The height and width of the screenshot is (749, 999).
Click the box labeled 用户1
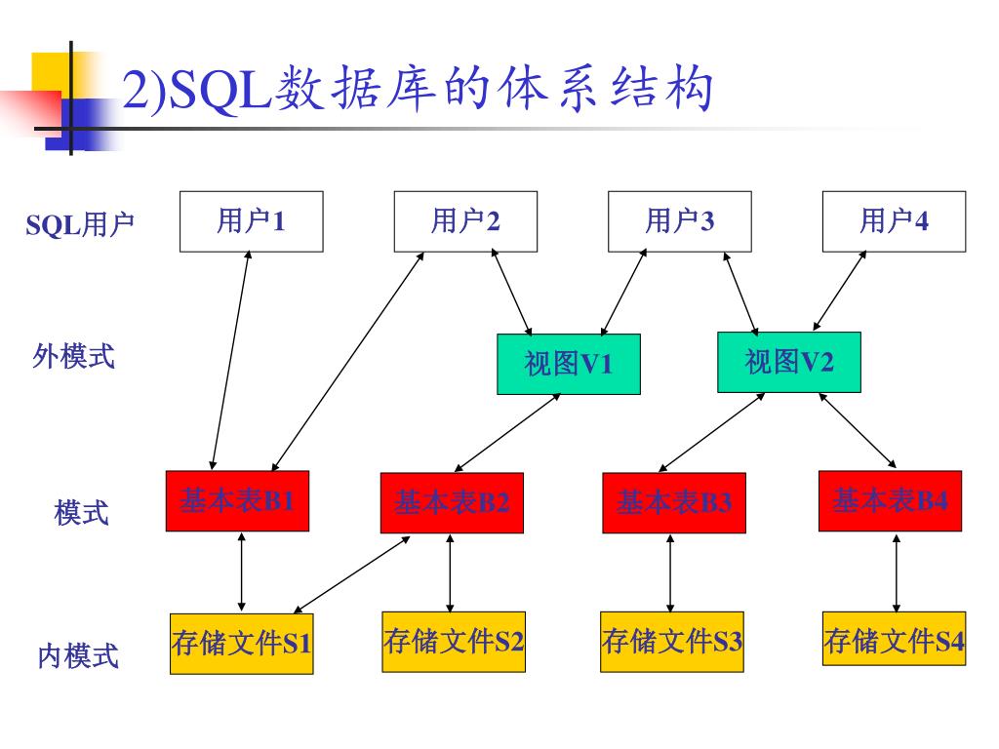coord(251,221)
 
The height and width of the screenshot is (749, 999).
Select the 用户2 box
coord(465,221)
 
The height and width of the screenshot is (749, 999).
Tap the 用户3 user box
coord(680,221)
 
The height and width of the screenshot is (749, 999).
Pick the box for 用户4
coord(894,221)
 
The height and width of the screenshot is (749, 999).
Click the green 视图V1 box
coord(569,364)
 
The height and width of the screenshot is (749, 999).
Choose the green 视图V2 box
coord(789,362)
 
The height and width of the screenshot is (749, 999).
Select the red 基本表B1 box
coord(237,501)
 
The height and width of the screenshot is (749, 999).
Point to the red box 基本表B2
coord(452,503)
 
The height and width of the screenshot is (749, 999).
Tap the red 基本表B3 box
coord(673,503)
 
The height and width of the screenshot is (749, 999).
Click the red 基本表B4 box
coord(890,501)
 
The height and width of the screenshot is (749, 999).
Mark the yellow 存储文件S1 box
coord(242,644)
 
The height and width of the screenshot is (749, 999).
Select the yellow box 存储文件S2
coord(454,642)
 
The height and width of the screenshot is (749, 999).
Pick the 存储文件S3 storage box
coord(672,642)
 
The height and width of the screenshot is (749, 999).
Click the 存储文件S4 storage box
coord(894,640)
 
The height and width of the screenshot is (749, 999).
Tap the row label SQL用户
coord(80,225)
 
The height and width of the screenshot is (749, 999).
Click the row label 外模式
coord(73,357)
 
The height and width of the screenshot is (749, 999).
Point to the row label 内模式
coord(78,655)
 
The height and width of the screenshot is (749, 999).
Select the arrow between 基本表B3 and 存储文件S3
coord(670,573)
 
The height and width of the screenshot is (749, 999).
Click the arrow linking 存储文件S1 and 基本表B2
coord(352,574)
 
